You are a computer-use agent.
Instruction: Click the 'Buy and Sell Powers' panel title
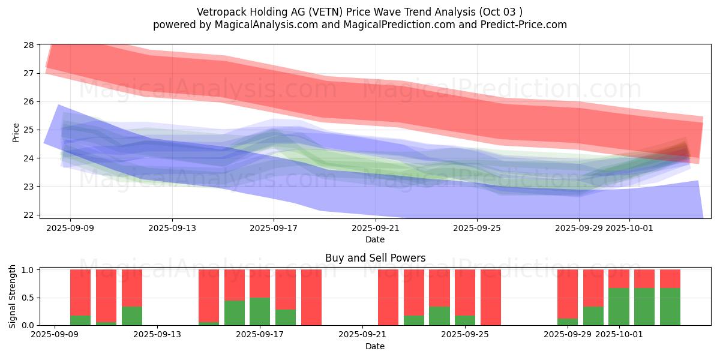click(x=375, y=258)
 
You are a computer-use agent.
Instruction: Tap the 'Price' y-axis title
click(x=16, y=133)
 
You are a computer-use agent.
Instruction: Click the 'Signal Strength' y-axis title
click(x=13, y=296)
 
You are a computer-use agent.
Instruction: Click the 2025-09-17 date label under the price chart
click(x=274, y=228)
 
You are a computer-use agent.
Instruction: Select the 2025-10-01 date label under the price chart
click(x=629, y=228)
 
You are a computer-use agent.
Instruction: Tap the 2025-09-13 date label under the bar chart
click(x=157, y=335)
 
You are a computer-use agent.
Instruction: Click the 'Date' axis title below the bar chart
click(x=375, y=346)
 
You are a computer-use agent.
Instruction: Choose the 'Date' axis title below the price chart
click(x=375, y=239)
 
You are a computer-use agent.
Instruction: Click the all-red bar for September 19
click(x=311, y=298)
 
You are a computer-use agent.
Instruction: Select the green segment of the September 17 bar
click(x=260, y=311)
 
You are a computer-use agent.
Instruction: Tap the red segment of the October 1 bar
click(x=619, y=278)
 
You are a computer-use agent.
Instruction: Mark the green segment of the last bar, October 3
click(x=670, y=307)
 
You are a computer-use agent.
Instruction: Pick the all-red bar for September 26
click(x=491, y=298)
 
